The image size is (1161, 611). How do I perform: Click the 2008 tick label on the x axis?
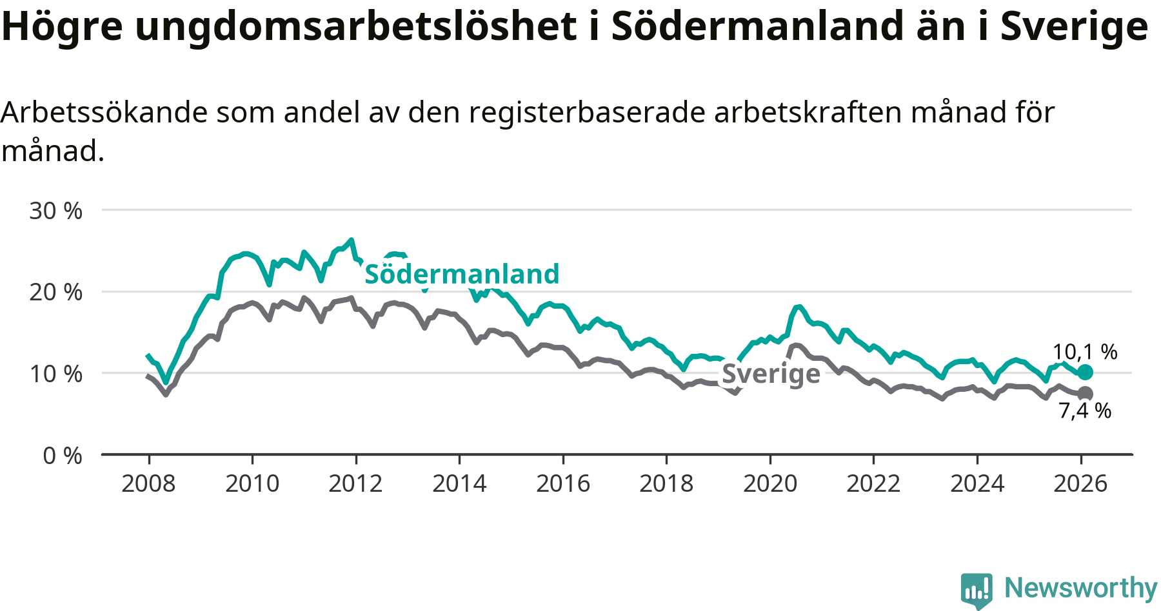pos(148,483)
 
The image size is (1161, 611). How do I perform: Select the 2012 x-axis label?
pos(355,483)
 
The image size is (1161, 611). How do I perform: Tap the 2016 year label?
pos(562,483)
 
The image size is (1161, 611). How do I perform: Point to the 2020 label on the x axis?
pos(770,483)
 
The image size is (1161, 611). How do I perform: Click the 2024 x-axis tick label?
pos(977,483)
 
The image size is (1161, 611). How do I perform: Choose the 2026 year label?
pos(1080,483)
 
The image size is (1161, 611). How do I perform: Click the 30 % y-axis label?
pos(56,211)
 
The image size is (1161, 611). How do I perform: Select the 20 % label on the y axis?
pos(56,292)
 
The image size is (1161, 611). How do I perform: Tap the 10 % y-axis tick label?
pos(56,374)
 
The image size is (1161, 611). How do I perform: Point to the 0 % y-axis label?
pos(63,456)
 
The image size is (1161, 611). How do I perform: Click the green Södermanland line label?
pos(462,274)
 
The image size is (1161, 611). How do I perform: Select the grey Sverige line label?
pos(771,374)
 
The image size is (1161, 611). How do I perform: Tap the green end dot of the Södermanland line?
pos(1086,372)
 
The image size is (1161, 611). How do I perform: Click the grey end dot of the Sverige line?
pos(1086,393)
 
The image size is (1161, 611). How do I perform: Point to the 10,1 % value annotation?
pos(1085,352)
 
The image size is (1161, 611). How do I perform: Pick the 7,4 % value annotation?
pos(1085,411)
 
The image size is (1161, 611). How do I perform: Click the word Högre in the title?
pos(62,27)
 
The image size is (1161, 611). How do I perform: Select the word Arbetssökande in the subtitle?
pos(104,113)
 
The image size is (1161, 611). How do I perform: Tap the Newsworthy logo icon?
pos(977,589)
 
